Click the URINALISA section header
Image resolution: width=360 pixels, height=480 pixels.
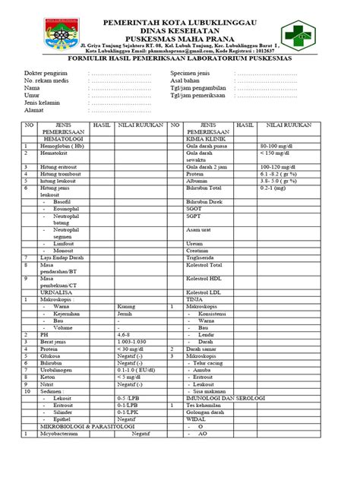point(43,292)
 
